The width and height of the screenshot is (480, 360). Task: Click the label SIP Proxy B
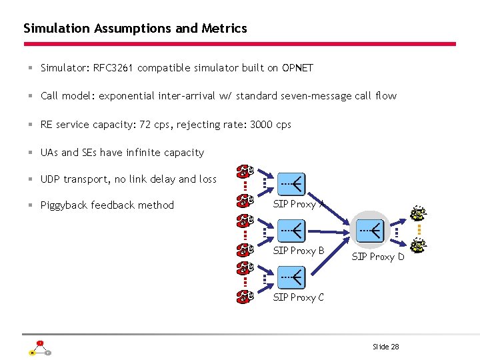pos(299,251)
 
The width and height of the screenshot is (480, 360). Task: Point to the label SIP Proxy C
pos(299,297)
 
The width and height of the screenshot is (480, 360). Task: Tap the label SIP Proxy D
pos(377,257)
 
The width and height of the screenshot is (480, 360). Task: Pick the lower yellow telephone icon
pos(418,246)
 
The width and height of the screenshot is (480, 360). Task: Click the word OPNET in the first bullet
pos(297,68)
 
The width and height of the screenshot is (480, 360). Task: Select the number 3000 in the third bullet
pos(261,125)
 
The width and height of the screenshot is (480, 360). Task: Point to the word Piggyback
pos(64,205)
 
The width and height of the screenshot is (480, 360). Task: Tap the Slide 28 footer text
pos(386,347)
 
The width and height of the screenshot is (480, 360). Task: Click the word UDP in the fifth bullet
pos(51,179)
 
